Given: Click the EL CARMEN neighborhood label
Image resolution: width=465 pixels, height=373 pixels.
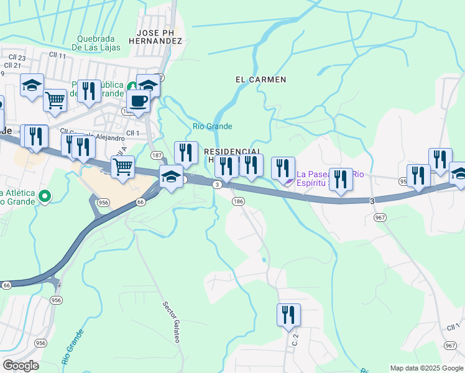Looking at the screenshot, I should point(260,80).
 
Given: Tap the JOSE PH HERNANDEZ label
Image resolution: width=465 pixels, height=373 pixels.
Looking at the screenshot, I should point(160,36).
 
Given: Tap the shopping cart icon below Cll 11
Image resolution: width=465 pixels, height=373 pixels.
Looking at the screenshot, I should point(55,99).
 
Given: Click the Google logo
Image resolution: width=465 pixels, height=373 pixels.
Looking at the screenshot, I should point(21,366).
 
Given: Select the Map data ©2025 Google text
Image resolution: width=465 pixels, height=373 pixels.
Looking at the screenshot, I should point(426,368).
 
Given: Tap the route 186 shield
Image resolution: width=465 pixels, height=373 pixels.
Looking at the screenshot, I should point(238,201).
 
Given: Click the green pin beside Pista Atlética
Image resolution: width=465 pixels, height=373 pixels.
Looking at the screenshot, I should point(44,197).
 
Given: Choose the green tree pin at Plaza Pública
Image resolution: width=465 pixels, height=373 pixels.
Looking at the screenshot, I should point(132,86).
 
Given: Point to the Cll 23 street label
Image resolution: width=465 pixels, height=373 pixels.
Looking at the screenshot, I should point(17,58).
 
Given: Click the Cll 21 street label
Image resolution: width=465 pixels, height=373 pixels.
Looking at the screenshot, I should point(12,65).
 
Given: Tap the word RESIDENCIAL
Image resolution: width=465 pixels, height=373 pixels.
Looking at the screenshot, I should point(231,151).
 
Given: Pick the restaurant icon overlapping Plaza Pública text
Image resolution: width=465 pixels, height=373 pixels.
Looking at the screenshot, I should point(89,90).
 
